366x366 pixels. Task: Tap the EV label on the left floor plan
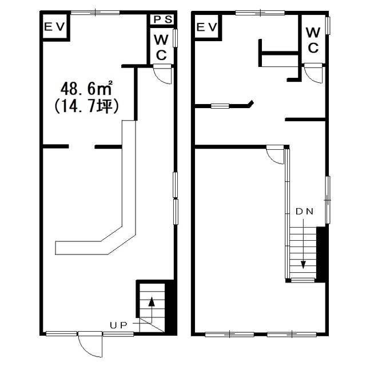coord(54,27)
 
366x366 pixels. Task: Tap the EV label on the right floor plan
coord(207,27)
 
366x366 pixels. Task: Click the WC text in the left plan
coord(161,47)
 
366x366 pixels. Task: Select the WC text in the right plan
coord(313,40)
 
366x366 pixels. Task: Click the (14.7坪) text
coord(87,107)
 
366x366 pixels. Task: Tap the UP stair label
coord(118,325)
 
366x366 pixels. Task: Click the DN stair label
coord(304,211)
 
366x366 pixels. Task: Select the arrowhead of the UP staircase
coord(152,301)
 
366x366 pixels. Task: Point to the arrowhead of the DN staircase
coord(303,265)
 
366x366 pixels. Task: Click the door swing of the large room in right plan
coord(275,155)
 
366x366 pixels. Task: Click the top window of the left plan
coord(96,13)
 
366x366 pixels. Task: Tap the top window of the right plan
coord(260,13)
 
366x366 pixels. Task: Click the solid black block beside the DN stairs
coord(321,254)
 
